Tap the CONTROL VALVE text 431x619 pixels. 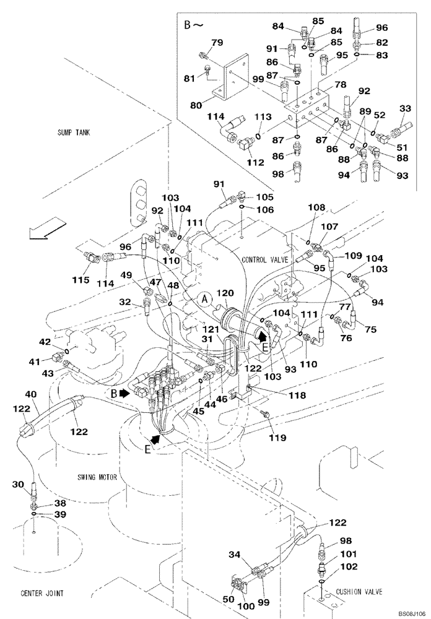coord(265,260)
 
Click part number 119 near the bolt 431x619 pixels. coord(277,438)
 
